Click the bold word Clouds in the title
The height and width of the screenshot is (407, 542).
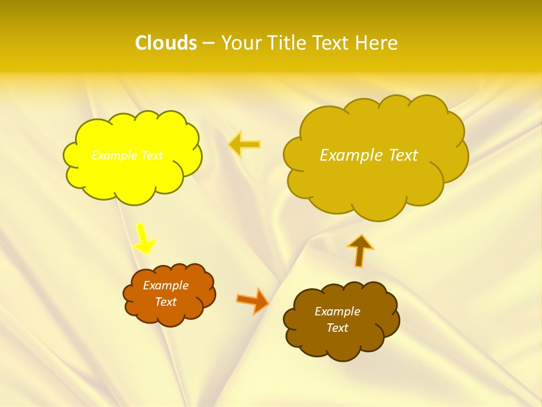(166, 43)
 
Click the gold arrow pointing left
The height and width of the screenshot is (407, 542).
(244, 144)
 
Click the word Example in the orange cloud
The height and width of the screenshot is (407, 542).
(165, 285)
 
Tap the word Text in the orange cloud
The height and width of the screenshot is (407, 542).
(165, 302)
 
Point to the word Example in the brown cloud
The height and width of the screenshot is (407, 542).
(337, 311)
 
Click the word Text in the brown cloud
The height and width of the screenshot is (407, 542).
(337, 328)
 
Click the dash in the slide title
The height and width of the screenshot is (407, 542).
(208, 44)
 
